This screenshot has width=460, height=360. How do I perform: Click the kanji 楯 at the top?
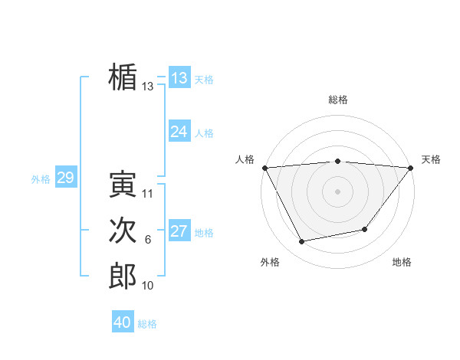pyautogui.click(x=123, y=77)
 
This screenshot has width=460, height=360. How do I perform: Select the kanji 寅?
pyautogui.click(x=123, y=184)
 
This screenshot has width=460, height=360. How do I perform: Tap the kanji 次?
pyautogui.click(x=123, y=231)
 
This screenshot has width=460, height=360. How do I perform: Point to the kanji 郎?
pyautogui.click(x=123, y=276)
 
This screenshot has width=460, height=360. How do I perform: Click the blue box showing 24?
pyautogui.click(x=179, y=132)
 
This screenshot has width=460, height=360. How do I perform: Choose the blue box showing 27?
pyautogui.click(x=179, y=231)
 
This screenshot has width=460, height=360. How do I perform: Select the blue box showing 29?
pyautogui.click(x=65, y=178)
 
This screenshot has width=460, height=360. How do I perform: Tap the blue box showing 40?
pyautogui.click(x=123, y=322)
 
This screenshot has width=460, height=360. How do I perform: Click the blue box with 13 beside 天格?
pyautogui.click(x=179, y=78)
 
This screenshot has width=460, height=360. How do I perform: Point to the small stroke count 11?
pyautogui.click(x=148, y=194)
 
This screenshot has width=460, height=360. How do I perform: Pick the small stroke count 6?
pyautogui.click(x=148, y=241)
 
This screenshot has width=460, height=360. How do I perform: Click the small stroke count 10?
pyautogui.click(x=148, y=286)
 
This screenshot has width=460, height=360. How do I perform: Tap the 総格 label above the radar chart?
pyautogui.click(x=338, y=100)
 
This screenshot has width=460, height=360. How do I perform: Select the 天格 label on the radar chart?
pyautogui.click(x=432, y=159)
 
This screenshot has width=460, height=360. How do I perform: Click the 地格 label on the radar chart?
pyautogui.click(x=402, y=263)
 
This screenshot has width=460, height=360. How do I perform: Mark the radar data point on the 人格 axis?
pyautogui.click(x=264, y=167)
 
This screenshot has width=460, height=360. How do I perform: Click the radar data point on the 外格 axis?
pyautogui.click(x=301, y=242)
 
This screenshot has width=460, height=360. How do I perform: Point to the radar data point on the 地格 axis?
pyautogui.click(x=365, y=229)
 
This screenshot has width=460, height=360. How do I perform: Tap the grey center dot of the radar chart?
pyautogui.click(x=337, y=191)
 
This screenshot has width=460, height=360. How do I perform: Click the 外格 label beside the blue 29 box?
pyautogui.click(x=41, y=179)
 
